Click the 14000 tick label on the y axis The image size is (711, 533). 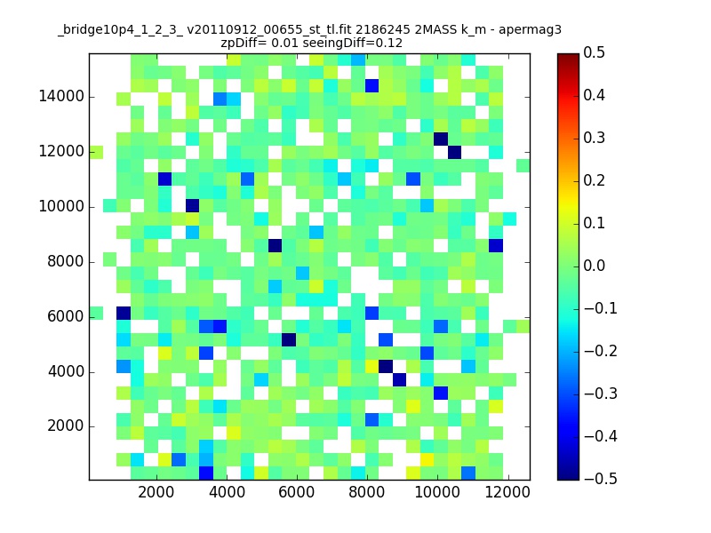(61, 97)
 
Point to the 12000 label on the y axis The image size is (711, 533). (61, 151)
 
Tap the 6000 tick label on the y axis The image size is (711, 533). (65, 316)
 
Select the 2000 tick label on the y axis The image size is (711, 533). (65, 426)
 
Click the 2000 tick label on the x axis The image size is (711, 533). (156, 492)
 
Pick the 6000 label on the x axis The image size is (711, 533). (297, 492)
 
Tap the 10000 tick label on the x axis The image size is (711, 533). (437, 492)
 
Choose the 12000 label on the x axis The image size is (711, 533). (507, 492)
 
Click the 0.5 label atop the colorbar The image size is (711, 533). (594, 52)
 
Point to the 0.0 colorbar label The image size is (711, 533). (594, 266)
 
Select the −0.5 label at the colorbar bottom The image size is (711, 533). (601, 479)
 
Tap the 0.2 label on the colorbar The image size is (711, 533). (594, 180)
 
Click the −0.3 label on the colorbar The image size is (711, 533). (601, 394)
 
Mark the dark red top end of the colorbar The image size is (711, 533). (568, 56)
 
